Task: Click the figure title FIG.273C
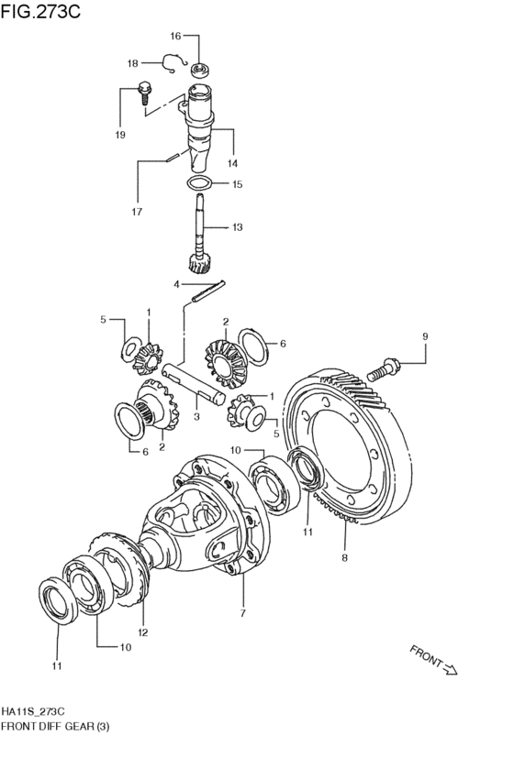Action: pyautogui.click(x=40, y=11)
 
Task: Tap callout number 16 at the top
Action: pyautogui.click(x=175, y=36)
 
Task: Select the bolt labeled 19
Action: pyautogui.click(x=143, y=92)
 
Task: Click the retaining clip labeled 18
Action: pyautogui.click(x=174, y=62)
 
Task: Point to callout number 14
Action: pyautogui.click(x=232, y=163)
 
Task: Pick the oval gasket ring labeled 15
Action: pyautogui.click(x=199, y=183)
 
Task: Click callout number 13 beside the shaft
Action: pyautogui.click(x=237, y=227)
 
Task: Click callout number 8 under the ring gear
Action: pyautogui.click(x=345, y=557)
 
